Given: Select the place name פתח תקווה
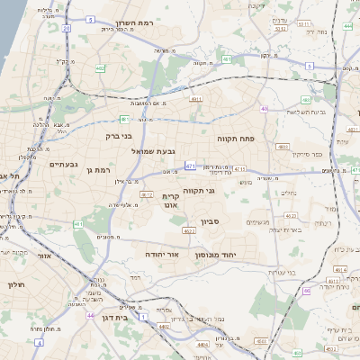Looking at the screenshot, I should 236,139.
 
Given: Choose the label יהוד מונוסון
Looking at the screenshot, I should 214,255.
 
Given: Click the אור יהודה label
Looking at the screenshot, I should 163,255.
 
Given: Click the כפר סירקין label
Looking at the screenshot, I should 309,155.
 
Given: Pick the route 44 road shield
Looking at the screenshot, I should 91,316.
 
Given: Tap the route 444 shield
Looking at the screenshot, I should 347,27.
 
